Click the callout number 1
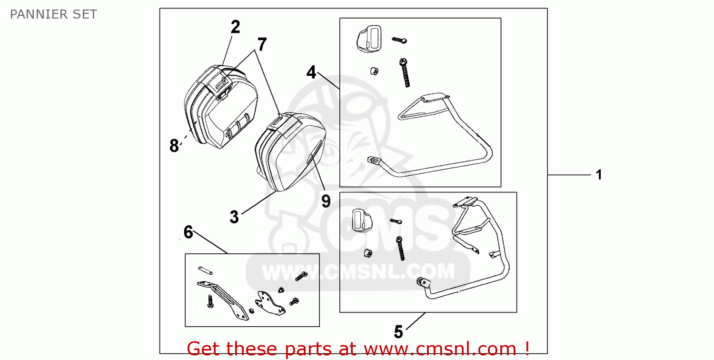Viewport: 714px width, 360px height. click(599, 175)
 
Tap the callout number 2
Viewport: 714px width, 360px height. click(235, 27)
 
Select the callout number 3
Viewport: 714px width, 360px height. click(234, 217)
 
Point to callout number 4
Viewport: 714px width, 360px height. click(311, 72)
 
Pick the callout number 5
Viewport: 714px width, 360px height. click(398, 332)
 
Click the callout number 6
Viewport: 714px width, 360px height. click(188, 232)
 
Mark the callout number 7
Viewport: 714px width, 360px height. click(262, 44)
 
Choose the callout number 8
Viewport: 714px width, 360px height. click(174, 146)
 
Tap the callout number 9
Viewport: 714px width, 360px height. click(326, 201)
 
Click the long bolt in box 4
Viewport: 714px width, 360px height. click(405, 73)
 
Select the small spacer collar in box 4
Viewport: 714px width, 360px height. click(374, 71)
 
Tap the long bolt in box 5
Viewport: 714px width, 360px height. click(400, 249)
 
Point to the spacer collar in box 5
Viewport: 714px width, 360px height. click(368, 253)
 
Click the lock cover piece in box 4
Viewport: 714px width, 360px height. click(369, 39)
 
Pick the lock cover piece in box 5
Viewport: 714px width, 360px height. click(362, 220)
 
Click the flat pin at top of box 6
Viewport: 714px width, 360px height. click(205, 270)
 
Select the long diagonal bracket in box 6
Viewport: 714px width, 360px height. click(223, 300)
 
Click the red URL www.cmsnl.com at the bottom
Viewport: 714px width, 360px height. click(440, 349)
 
